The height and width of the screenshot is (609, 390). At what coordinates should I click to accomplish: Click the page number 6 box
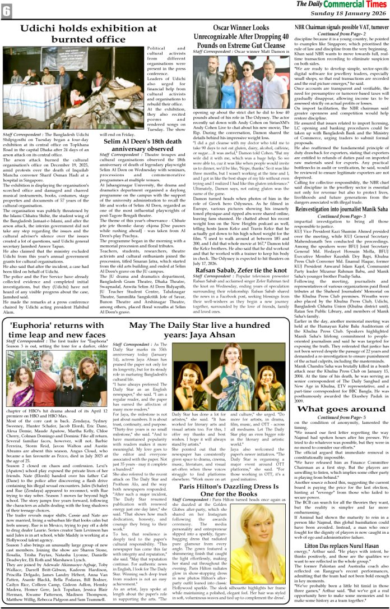point(7,10)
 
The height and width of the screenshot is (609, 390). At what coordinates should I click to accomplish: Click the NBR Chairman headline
point(341,26)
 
